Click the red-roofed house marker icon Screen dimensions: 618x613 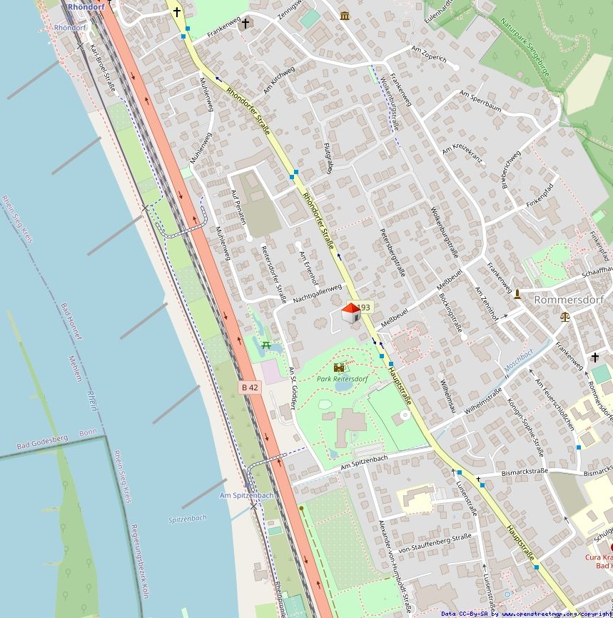point(350,313)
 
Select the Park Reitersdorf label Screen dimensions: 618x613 point(343,379)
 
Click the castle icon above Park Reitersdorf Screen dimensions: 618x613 point(339,368)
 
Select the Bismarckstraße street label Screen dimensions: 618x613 point(525,472)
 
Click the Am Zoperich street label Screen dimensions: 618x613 point(429,54)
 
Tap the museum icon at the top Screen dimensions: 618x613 point(345,16)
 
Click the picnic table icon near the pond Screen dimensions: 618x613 point(265,345)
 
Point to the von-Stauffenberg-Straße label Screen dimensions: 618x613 point(435,543)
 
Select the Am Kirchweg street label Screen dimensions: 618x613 point(278,79)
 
